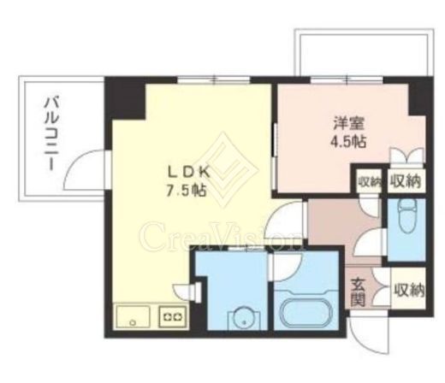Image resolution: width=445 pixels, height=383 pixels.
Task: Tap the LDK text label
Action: pyautogui.click(x=188, y=173)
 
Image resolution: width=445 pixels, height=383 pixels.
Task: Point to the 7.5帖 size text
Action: pyautogui.click(x=186, y=190)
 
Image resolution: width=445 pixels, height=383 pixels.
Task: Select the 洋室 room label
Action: pyautogui.click(x=349, y=123)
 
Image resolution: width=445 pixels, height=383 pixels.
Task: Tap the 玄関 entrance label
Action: pyautogui.click(x=358, y=292)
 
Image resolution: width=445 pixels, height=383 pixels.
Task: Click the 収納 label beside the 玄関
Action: pyautogui.click(x=409, y=290)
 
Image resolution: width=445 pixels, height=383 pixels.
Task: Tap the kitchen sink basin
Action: pyautogui.click(x=133, y=316)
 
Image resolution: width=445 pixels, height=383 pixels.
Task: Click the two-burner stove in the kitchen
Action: pyautogui.click(x=173, y=316)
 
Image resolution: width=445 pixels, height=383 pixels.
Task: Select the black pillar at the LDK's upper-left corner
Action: pyautogui.click(x=126, y=97)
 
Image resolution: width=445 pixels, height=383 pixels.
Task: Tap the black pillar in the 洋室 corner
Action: pyautogui.click(x=418, y=97)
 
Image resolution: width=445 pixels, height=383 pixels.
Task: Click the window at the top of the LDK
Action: pyautogui.click(x=214, y=80)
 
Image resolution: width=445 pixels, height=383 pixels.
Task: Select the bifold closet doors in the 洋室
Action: pyautogui.click(x=408, y=156)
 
